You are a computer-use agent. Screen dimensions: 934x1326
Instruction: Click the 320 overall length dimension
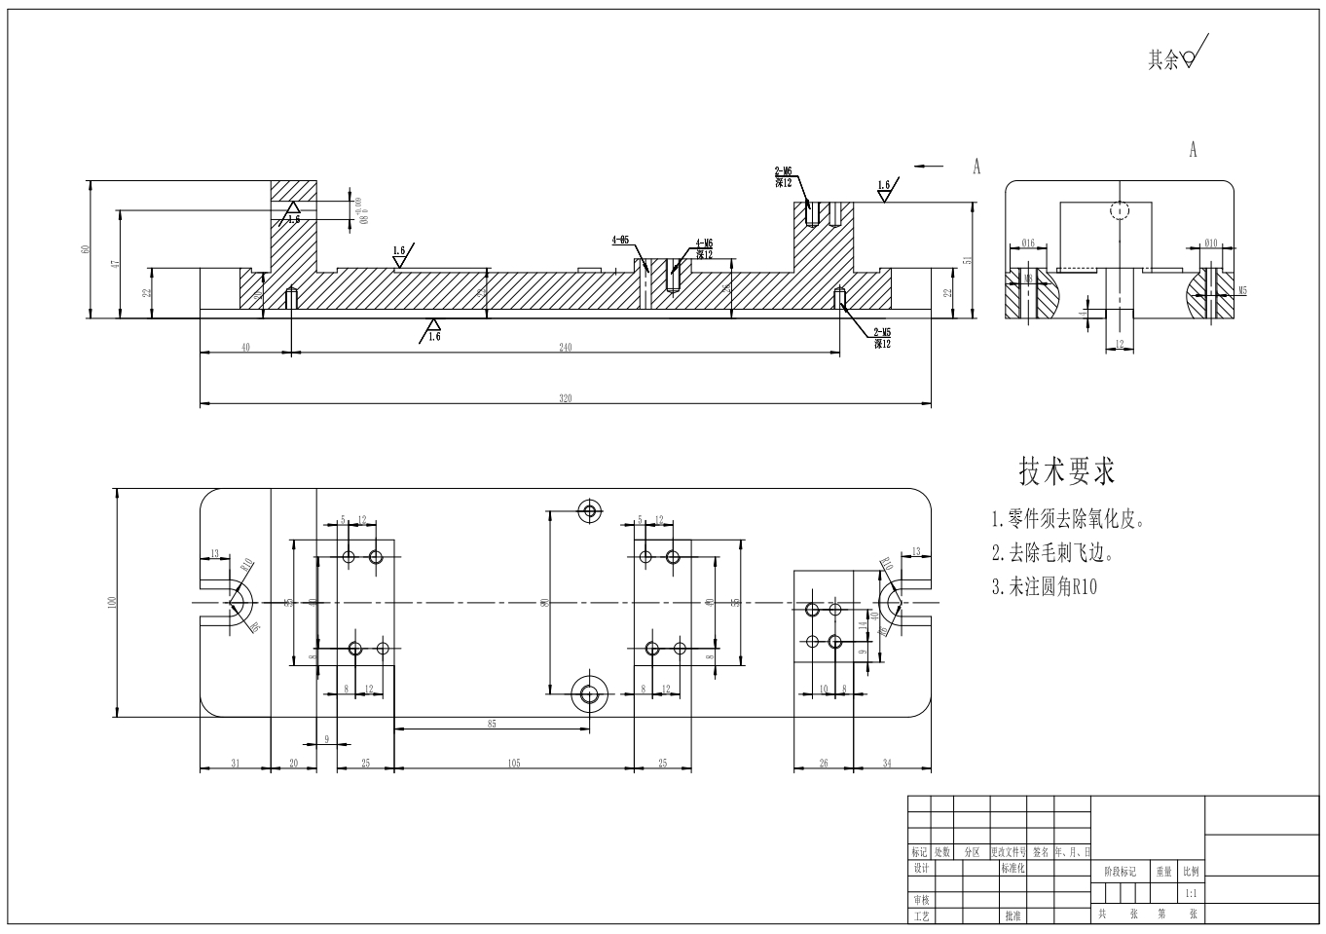tap(565, 397)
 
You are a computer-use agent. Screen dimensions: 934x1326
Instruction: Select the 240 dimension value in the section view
tap(565, 348)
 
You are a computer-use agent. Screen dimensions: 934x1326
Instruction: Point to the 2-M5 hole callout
tap(881, 334)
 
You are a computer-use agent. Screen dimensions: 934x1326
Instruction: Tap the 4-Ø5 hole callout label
tap(620, 239)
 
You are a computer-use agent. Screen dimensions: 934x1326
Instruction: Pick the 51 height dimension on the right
tap(966, 259)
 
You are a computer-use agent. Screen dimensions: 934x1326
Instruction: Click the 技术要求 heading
tap(1066, 471)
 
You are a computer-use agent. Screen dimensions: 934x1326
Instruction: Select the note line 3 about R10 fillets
tap(1044, 586)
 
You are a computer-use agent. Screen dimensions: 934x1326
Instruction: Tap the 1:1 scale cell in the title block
tap(1190, 892)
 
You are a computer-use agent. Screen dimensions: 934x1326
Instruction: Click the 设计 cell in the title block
tap(920, 868)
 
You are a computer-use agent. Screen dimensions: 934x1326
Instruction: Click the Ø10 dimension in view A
tap(1210, 243)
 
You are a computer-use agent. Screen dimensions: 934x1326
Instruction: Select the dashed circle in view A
tap(1120, 210)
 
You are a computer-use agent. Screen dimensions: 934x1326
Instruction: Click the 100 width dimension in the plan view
tap(111, 603)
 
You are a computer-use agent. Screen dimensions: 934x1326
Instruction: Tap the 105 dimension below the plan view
tap(513, 763)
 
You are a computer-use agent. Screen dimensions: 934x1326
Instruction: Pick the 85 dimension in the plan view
tap(491, 724)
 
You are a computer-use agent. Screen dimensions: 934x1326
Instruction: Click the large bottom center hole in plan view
tap(589, 693)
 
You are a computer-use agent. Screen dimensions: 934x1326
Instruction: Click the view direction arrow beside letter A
tap(929, 167)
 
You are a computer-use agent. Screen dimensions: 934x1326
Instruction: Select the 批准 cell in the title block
tap(1013, 915)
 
